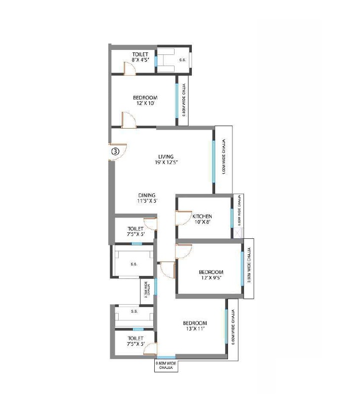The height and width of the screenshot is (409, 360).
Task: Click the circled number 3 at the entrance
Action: (115, 152)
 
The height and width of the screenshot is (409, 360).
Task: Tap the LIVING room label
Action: (159, 157)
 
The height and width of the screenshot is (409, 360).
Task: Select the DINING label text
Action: (146, 195)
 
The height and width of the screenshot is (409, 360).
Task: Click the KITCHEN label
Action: (202, 216)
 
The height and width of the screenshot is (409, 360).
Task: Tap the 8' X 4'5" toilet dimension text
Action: (141, 60)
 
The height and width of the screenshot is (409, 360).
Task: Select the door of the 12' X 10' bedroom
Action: (128, 120)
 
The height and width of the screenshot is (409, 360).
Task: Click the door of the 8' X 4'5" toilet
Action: (130, 69)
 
